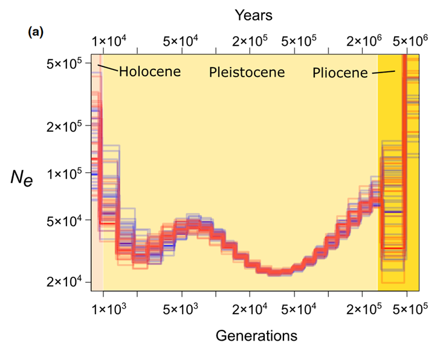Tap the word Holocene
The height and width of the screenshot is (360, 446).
click(x=150, y=72)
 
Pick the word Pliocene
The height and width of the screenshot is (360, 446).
click(x=340, y=74)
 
